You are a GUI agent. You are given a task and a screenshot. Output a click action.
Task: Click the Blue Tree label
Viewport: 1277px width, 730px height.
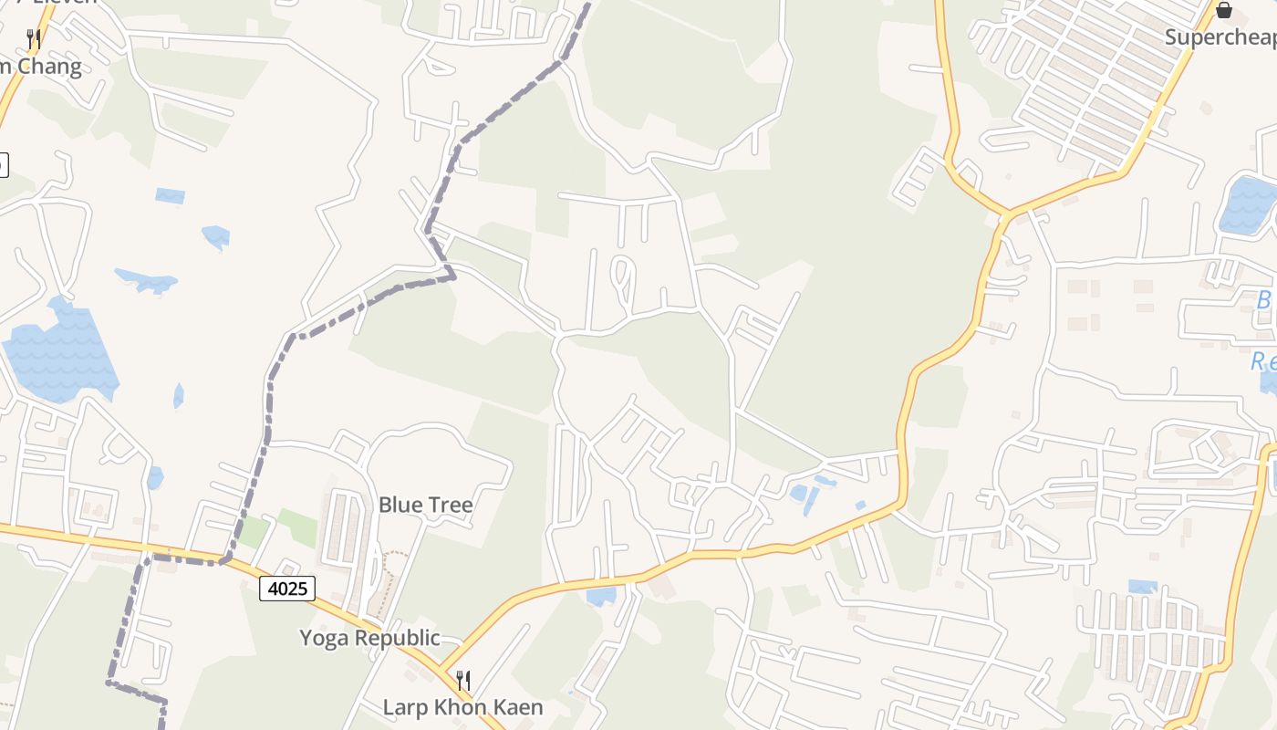[425, 505]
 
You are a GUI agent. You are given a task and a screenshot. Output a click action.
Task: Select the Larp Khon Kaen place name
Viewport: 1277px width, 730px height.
[462, 707]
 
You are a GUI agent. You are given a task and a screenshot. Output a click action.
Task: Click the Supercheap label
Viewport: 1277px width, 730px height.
[1220, 37]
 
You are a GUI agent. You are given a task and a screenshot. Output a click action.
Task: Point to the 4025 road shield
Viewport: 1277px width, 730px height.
[287, 589]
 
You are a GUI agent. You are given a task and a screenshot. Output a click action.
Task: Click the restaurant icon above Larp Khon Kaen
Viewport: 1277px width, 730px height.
[463, 680]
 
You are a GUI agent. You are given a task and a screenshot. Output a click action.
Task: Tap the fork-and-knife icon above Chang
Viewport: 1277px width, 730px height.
[34, 38]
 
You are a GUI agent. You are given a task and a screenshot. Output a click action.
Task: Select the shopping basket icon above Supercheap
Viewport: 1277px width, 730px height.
[1224, 11]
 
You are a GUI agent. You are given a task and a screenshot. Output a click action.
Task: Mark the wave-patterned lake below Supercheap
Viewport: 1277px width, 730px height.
[1248, 205]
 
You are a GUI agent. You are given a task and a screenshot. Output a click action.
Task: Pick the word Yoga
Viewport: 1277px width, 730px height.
[324, 638]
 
